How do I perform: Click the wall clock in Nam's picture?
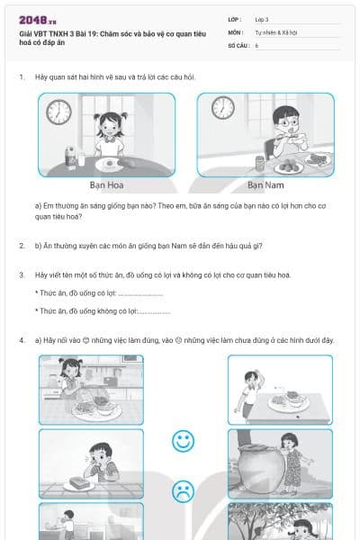[222, 108]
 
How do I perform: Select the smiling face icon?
[184, 441]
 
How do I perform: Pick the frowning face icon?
[184, 490]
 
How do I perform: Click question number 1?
[22, 76]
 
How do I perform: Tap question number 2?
[22, 245]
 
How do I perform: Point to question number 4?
[22, 340]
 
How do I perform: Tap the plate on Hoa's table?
[109, 164]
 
